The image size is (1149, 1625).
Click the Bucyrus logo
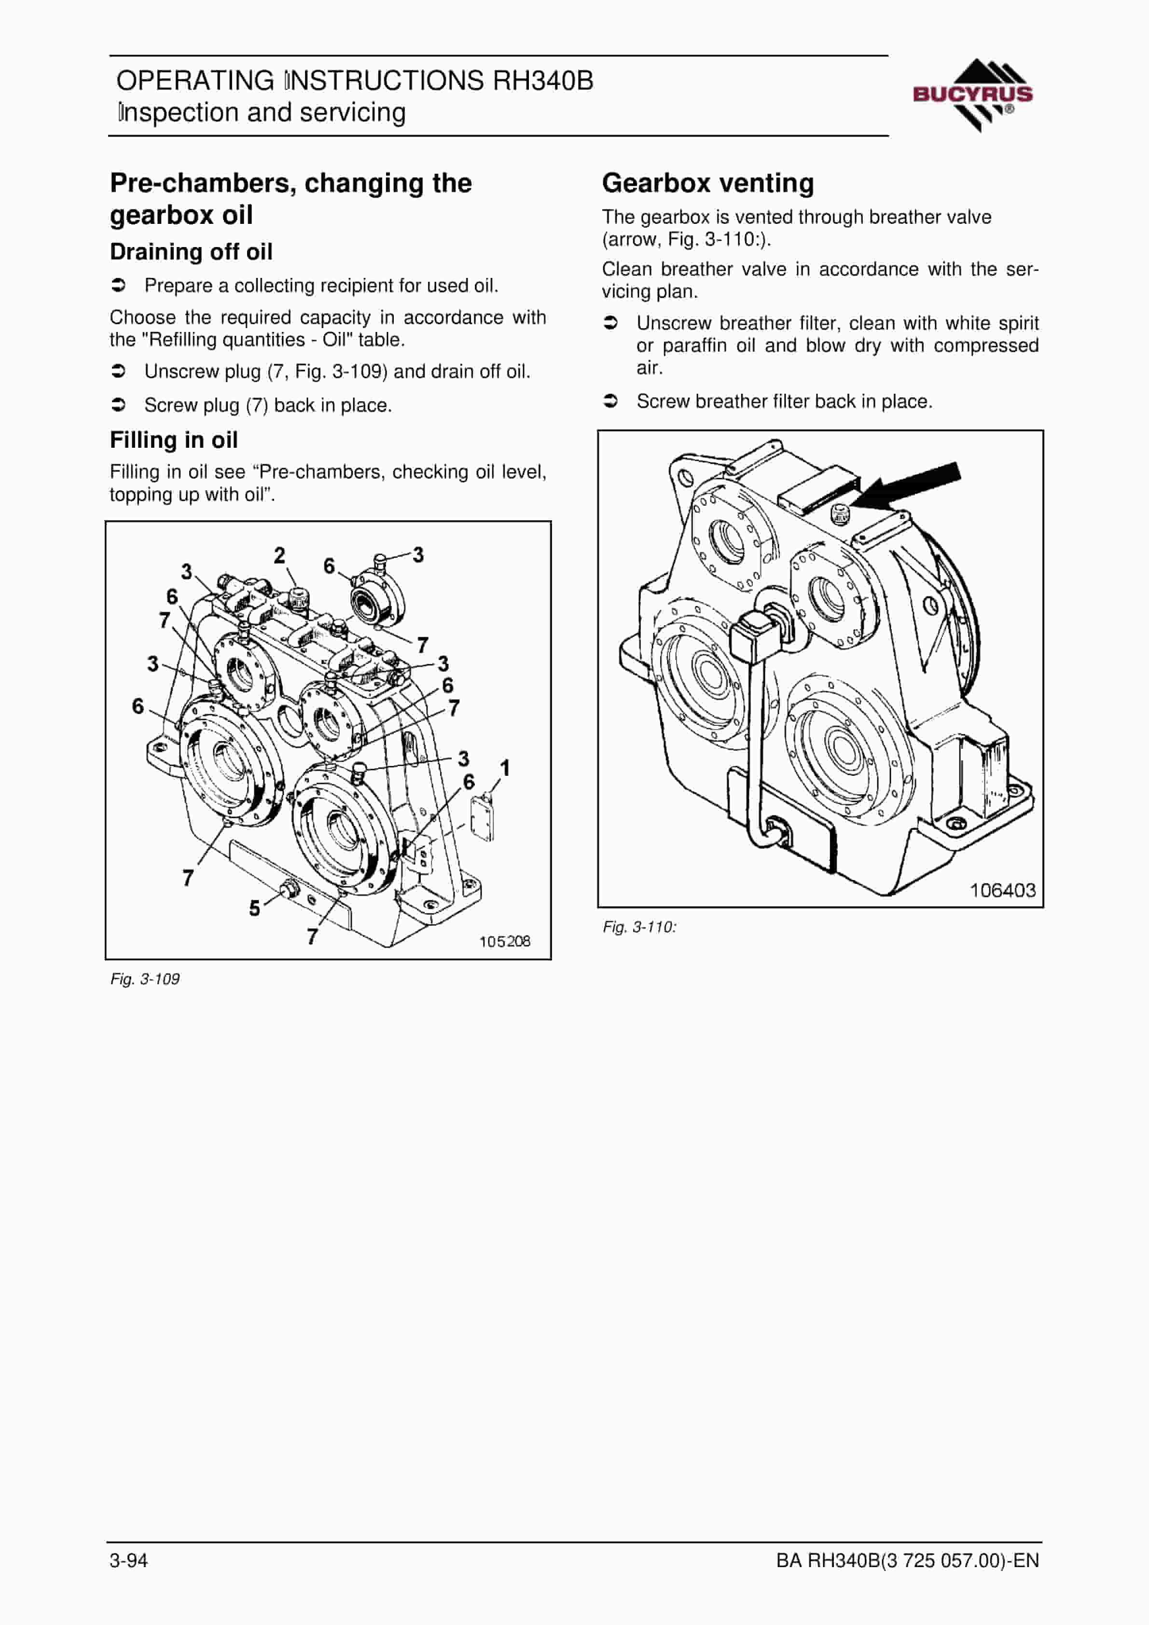tap(973, 95)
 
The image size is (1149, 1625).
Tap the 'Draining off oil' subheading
tap(191, 252)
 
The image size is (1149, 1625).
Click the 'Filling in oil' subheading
tap(173, 440)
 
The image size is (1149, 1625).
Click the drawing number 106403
tap(1002, 890)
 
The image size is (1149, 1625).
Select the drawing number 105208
tap(505, 941)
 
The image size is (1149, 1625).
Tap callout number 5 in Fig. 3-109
tap(254, 908)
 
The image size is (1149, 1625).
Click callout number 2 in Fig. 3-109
tap(279, 556)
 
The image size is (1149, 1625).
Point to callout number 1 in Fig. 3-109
tap(505, 768)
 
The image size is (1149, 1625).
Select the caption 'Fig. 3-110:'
tap(640, 927)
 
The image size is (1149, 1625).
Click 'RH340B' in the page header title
tap(543, 81)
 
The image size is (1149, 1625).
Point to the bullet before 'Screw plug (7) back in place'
tap(119, 405)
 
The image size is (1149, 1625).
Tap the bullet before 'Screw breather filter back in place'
tap(610, 401)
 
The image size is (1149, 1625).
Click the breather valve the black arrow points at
tap(840, 514)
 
